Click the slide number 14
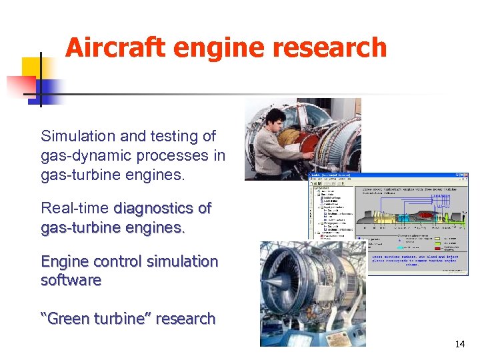(459, 345)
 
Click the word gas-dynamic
(81, 155)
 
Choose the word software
(71, 280)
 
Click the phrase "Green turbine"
(98, 319)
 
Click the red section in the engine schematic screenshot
(425, 215)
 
